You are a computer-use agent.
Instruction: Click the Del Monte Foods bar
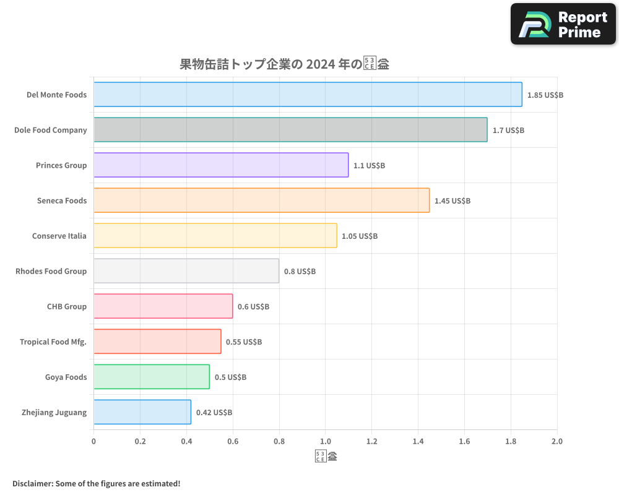pyautogui.click(x=308, y=95)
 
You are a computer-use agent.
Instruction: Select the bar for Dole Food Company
pyautogui.click(x=290, y=130)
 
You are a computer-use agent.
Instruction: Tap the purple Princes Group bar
pyautogui.click(x=221, y=165)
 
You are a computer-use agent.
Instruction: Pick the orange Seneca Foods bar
pyautogui.click(x=261, y=200)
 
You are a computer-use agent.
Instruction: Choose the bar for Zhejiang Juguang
pyautogui.click(x=142, y=412)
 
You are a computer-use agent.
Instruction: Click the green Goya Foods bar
pyautogui.click(x=152, y=377)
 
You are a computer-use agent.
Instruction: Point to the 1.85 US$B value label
pyautogui.click(x=545, y=95)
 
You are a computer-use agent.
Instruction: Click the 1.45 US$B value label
pyautogui.click(x=452, y=201)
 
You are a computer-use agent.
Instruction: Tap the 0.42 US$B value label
pyautogui.click(x=214, y=413)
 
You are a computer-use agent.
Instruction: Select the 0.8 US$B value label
pyautogui.click(x=300, y=272)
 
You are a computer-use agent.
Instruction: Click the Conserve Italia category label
pyautogui.click(x=59, y=236)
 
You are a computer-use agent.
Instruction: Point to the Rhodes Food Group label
pyautogui.click(x=51, y=271)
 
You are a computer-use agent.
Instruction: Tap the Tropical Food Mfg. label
pyautogui.click(x=53, y=342)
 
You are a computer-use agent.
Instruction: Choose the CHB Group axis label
pyautogui.click(x=67, y=306)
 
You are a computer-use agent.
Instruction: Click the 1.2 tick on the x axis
pyautogui.click(x=371, y=442)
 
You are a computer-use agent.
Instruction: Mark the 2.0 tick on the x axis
pyautogui.click(x=556, y=442)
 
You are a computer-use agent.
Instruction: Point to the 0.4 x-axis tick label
pyautogui.click(x=186, y=442)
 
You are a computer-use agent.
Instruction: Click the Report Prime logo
pyautogui.click(x=563, y=24)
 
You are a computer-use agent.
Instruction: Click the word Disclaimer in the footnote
pyautogui.click(x=32, y=483)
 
